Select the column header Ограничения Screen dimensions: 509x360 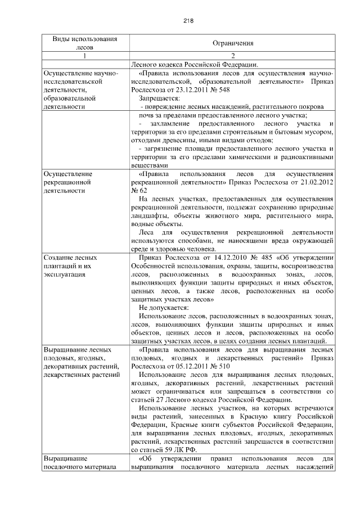(233, 43)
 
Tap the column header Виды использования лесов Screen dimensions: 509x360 (85, 43)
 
